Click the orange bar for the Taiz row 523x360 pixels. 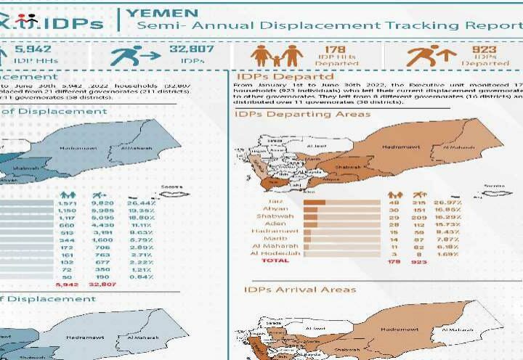click(x=314, y=201)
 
